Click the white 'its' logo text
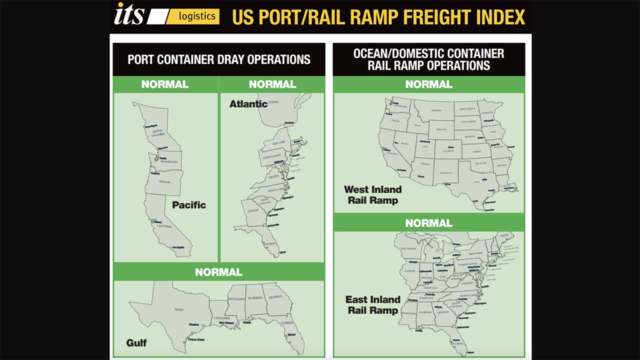point(129,14)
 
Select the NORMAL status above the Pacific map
point(165,84)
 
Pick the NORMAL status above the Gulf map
point(218,272)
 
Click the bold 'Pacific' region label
point(189,205)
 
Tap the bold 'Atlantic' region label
point(248,104)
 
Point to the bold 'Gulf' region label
point(136,343)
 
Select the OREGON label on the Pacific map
point(164,182)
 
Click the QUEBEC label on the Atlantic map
point(274,102)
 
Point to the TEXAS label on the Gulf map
point(178,309)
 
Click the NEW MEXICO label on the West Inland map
point(446,173)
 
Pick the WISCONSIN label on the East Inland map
point(408,248)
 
